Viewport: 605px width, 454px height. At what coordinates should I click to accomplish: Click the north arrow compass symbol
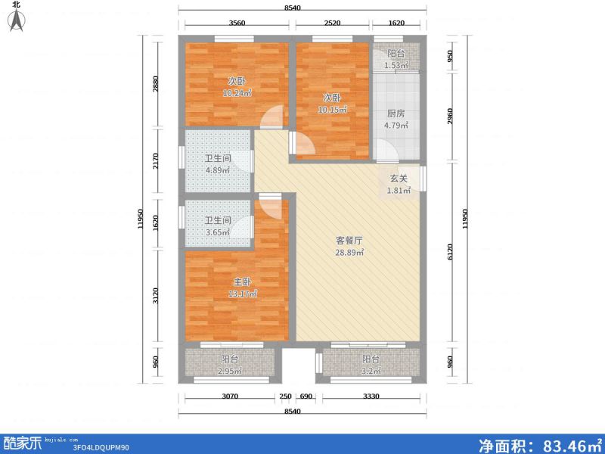(x=17, y=20)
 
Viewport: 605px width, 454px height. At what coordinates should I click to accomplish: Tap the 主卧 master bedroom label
(x=242, y=281)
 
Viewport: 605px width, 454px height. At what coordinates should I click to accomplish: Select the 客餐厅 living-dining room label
(x=349, y=241)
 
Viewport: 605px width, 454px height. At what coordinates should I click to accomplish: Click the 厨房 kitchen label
(x=396, y=113)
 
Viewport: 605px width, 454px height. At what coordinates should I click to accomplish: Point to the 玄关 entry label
(x=399, y=179)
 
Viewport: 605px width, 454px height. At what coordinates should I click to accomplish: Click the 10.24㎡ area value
(x=237, y=93)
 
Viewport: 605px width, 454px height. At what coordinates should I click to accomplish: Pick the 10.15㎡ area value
(x=332, y=110)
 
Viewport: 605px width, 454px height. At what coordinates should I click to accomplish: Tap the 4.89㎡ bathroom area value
(x=218, y=169)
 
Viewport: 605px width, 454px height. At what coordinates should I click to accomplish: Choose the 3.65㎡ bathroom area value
(x=218, y=232)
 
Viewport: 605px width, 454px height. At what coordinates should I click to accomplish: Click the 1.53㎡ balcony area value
(x=396, y=65)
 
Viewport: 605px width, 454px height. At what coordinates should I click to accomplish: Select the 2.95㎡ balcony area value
(x=230, y=372)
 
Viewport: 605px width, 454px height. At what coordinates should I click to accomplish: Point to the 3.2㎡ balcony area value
(x=371, y=372)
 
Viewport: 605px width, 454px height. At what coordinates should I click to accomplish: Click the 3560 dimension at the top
(x=237, y=23)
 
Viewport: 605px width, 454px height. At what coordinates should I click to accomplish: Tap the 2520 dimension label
(x=332, y=23)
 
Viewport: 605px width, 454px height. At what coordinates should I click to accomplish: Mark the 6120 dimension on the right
(x=450, y=252)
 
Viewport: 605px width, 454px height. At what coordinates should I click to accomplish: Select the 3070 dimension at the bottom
(x=230, y=396)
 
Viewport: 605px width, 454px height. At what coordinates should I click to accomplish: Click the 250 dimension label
(x=286, y=396)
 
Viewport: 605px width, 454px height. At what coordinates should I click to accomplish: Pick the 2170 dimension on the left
(x=155, y=161)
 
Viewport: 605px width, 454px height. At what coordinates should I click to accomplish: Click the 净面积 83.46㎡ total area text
(x=540, y=445)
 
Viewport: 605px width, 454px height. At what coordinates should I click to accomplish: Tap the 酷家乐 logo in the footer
(x=23, y=443)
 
